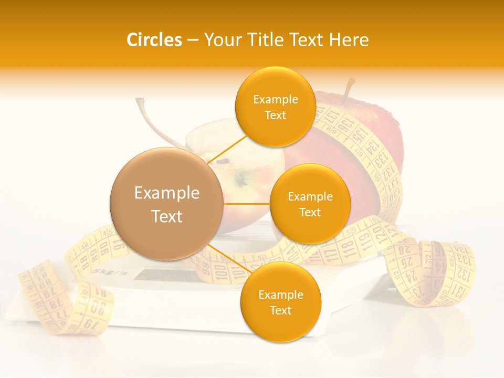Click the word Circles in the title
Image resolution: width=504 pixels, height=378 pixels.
coord(154,40)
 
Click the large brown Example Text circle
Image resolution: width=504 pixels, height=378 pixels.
coord(166,204)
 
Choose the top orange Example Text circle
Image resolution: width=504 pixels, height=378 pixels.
coord(275,107)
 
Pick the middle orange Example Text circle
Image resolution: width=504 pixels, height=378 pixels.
coord(310,204)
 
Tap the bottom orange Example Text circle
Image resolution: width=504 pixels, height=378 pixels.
coord(280,302)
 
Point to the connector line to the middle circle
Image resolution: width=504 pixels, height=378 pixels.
coord(246,204)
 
